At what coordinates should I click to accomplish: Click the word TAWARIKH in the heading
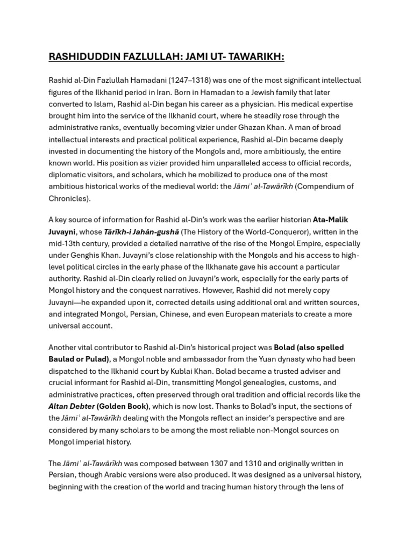(x=253, y=57)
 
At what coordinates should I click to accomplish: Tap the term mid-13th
(x=66, y=243)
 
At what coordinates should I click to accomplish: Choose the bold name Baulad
(x=63, y=359)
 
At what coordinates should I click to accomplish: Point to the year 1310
(x=258, y=464)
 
